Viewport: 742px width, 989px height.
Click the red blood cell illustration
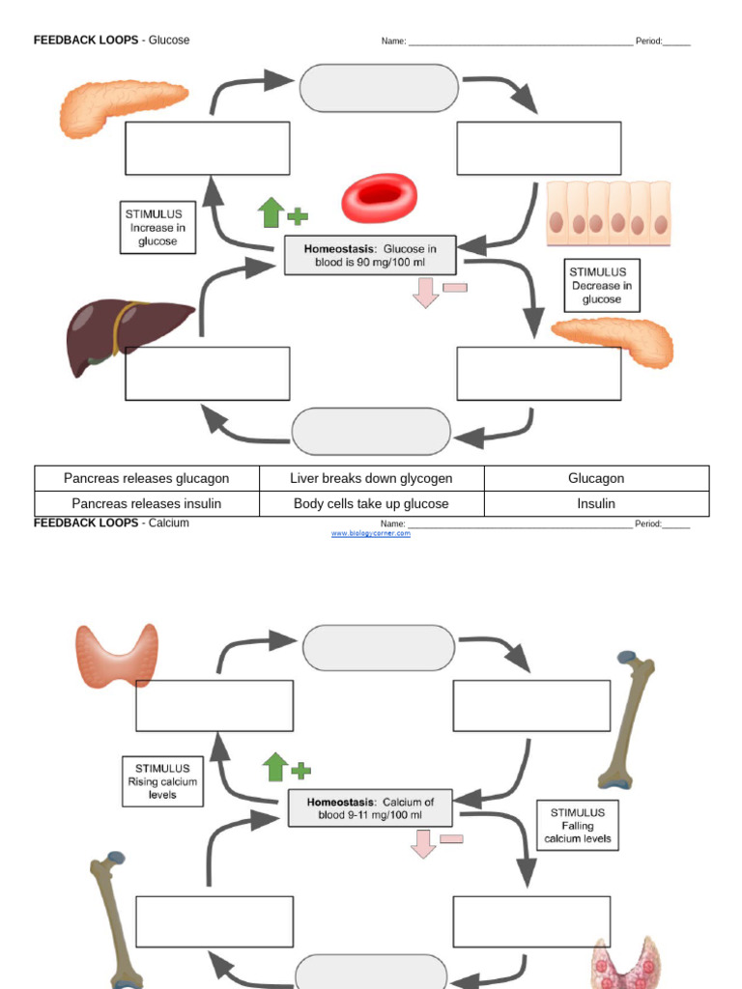pyautogui.click(x=379, y=198)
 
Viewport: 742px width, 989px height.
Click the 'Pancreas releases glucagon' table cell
pyautogui.click(x=147, y=478)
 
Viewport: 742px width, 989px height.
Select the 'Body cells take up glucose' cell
pyautogui.click(x=371, y=503)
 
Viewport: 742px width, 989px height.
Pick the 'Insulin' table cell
pyautogui.click(x=596, y=503)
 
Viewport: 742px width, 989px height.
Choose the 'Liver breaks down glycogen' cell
pyautogui.click(x=371, y=478)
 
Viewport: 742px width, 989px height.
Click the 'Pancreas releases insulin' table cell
pyautogui.click(x=147, y=503)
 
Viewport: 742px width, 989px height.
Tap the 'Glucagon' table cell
pyautogui.click(x=596, y=478)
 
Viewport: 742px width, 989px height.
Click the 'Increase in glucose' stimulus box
pyautogui.click(x=157, y=228)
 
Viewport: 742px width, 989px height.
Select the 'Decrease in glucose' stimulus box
pyautogui.click(x=602, y=285)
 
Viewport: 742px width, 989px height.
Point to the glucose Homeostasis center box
pyautogui.click(x=370, y=256)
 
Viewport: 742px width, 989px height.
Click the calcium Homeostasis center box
pyautogui.click(x=370, y=808)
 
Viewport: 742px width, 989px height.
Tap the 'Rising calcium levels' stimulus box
pyautogui.click(x=162, y=781)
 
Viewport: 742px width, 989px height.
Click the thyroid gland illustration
pyautogui.click(x=117, y=654)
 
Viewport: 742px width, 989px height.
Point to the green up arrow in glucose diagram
pyautogui.click(x=271, y=212)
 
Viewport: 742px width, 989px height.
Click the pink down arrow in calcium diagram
pyautogui.click(x=423, y=843)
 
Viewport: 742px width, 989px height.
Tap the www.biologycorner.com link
pyautogui.click(x=371, y=533)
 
